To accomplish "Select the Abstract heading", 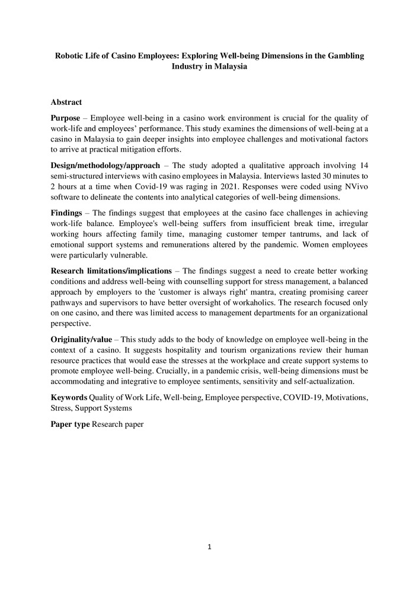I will click(66, 102).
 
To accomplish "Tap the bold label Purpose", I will click(65, 118).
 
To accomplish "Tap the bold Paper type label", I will click(70, 424).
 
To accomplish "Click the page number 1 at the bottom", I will click(209, 546).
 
